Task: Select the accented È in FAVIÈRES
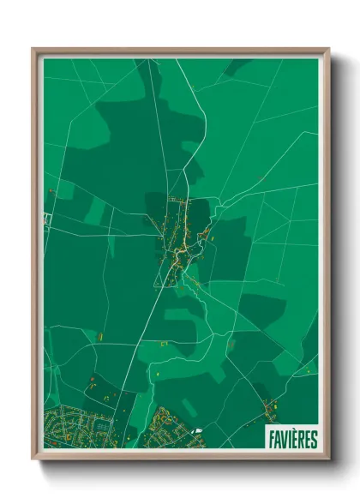(295, 439)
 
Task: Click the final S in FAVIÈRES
(314, 439)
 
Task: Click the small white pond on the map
(199, 431)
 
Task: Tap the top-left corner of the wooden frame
(33, 49)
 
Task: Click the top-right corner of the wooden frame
(328, 49)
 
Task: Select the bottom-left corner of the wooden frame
(33, 459)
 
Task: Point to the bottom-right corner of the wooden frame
(328, 459)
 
